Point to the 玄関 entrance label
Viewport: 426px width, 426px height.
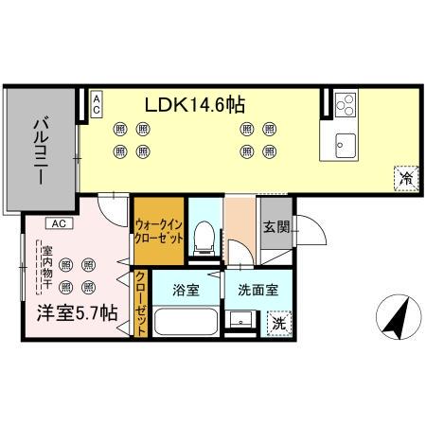pyautogui.click(x=275, y=228)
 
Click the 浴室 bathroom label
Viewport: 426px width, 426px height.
pyautogui.click(x=186, y=291)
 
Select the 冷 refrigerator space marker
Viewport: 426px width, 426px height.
pyautogui.click(x=405, y=177)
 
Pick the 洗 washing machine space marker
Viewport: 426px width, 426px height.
pyautogui.click(x=278, y=323)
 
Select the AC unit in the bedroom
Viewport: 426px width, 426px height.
pyautogui.click(x=58, y=224)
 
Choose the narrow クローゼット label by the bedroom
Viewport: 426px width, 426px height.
pyautogui.click(x=141, y=303)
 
